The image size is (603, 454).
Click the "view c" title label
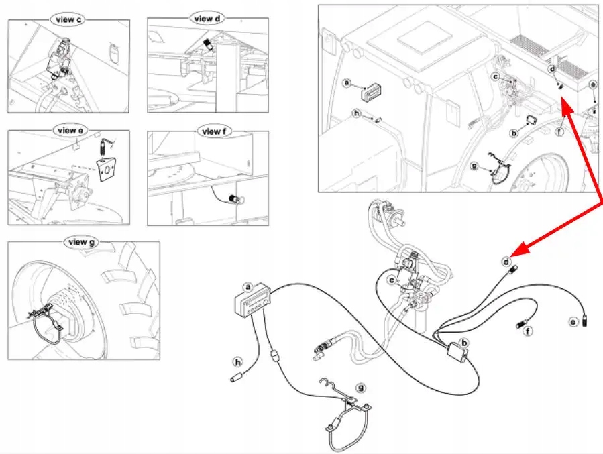coord(66,20)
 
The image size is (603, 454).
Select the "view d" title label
coord(207,19)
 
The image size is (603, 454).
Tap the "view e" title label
coord(66,130)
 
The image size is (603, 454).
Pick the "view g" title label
coord(78,242)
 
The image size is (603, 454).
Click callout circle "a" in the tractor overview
coord(347,83)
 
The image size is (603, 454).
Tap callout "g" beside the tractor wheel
coord(476,166)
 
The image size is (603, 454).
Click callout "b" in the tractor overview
coord(514,133)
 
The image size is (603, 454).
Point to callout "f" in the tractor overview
coord(559,132)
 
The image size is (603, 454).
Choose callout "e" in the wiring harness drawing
coord(573,323)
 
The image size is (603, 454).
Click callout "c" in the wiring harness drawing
coord(392,280)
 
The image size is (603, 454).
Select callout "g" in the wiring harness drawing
coord(361,388)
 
